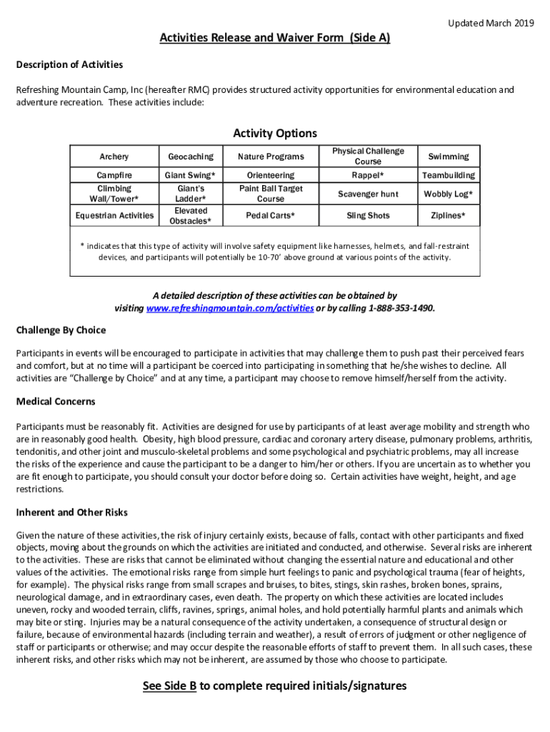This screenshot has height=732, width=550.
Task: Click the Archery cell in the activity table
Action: click(x=114, y=157)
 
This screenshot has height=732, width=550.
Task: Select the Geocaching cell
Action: click(x=191, y=157)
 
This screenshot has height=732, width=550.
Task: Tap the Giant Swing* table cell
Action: click(x=191, y=175)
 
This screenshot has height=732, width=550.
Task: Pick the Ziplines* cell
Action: click(x=448, y=215)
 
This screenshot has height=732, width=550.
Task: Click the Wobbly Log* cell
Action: click(x=448, y=194)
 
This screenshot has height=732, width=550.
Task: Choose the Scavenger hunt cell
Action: click(x=368, y=194)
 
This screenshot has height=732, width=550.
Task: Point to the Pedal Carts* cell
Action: click(x=271, y=215)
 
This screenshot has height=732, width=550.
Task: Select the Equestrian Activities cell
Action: click(x=114, y=215)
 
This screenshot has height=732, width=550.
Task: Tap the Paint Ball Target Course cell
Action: click(x=271, y=194)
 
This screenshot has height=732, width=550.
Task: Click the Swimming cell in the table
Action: click(x=448, y=157)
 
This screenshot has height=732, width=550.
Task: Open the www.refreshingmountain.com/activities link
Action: click(x=229, y=308)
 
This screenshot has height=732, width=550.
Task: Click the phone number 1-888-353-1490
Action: click(x=401, y=308)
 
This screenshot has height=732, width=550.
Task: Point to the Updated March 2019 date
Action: click(x=491, y=24)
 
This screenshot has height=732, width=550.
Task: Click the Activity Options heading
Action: click(x=275, y=134)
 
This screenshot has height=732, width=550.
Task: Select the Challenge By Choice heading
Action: click(x=61, y=330)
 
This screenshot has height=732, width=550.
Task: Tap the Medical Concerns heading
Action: click(x=56, y=402)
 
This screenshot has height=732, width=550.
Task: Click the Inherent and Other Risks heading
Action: click(x=71, y=512)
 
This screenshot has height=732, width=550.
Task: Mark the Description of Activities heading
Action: click(x=69, y=65)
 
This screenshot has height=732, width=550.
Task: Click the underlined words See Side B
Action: click(x=169, y=686)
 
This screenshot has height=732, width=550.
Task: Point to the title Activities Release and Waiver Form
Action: click(x=252, y=38)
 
